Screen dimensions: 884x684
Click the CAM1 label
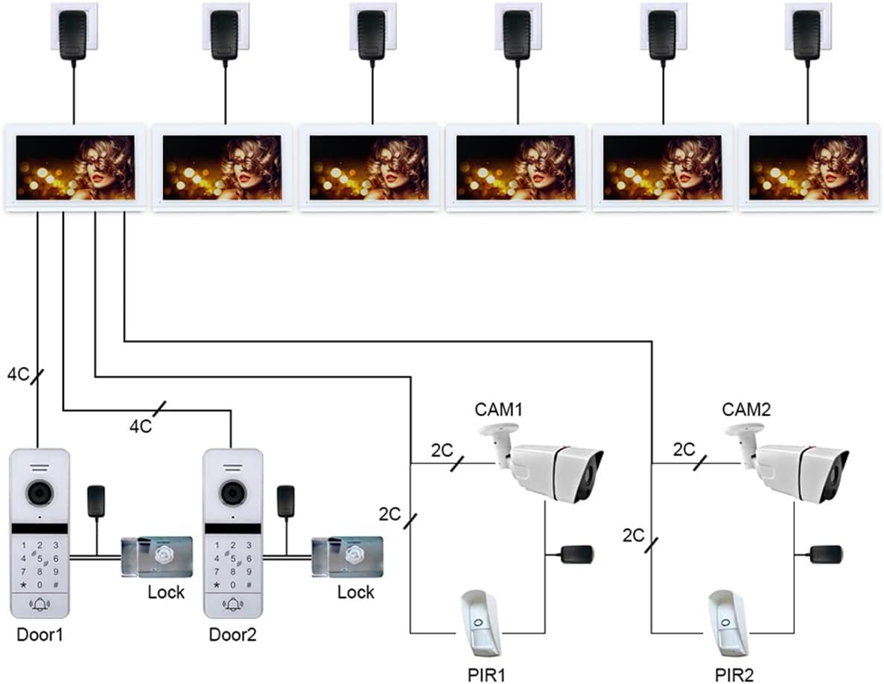(x=498, y=409)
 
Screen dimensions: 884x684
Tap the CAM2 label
(x=746, y=409)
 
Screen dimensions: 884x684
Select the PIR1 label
(x=486, y=674)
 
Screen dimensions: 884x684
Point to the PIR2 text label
(x=734, y=674)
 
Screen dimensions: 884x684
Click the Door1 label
(x=39, y=634)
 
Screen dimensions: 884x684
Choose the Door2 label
(x=232, y=634)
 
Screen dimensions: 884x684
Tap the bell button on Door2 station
(x=233, y=604)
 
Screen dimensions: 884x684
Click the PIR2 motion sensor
(x=728, y=622)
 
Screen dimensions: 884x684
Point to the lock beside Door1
(x=157, y=557)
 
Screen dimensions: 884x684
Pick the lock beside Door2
(x=347, y=557)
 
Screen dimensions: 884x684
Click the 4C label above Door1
(x=18, y=374)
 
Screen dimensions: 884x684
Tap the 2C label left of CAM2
(x=684, y=450)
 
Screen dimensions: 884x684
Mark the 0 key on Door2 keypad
(x=233, y=585)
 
